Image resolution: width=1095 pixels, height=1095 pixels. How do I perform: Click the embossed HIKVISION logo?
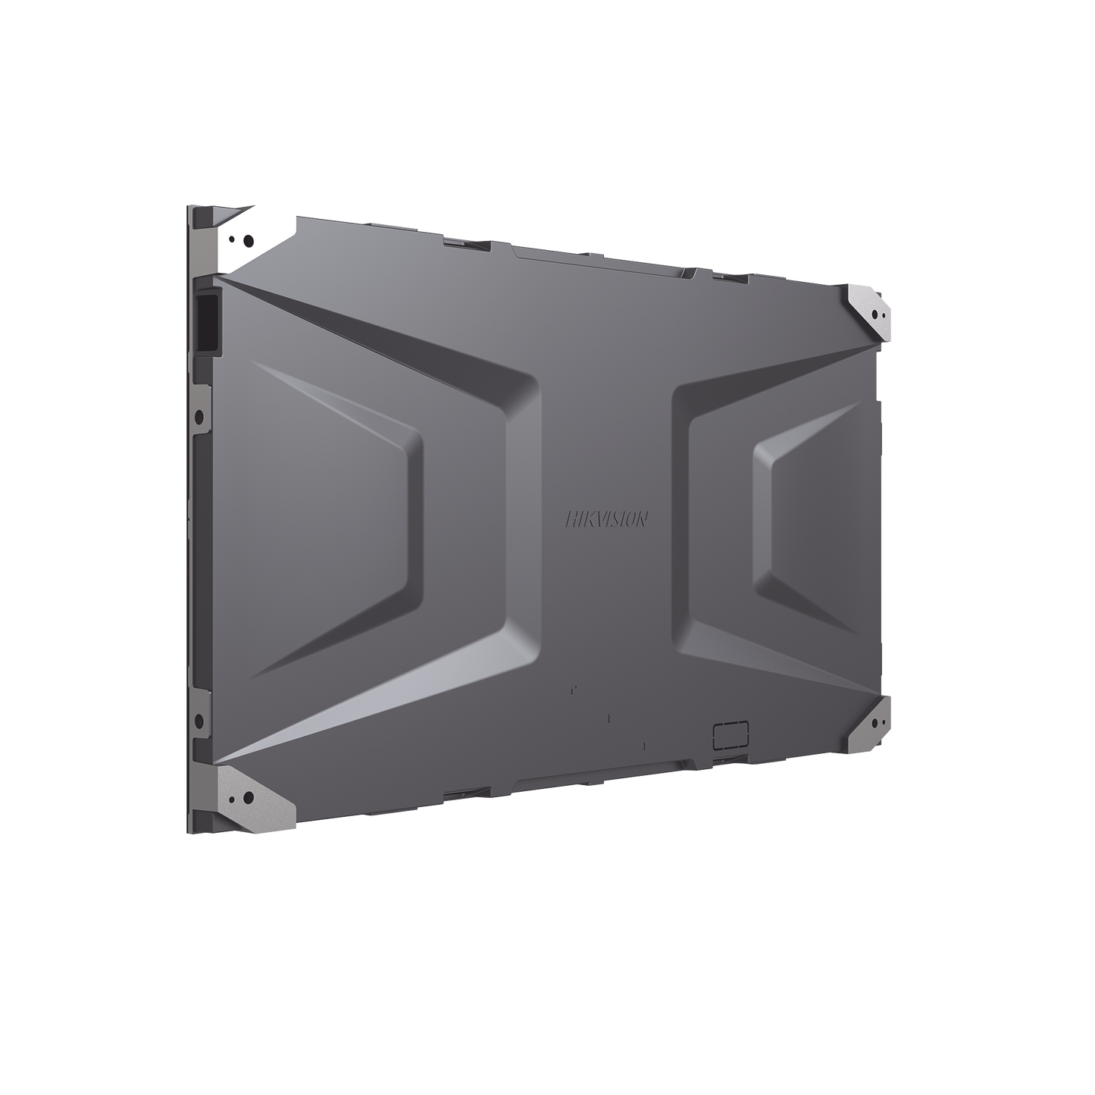coord(606,519)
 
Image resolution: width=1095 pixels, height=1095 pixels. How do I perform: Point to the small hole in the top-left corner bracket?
coord(231,239)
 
